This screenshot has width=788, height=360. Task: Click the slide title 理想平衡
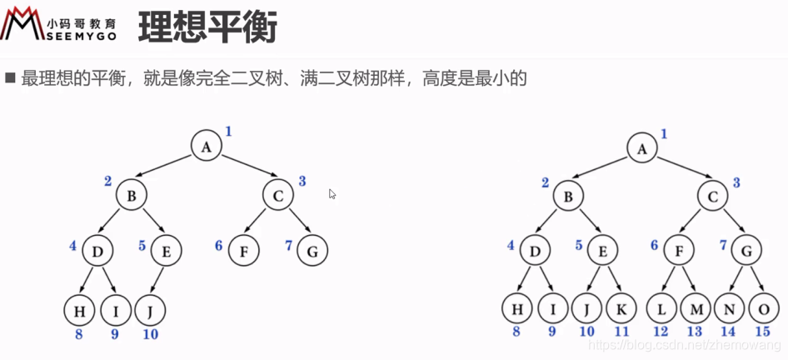(x=207, y=27)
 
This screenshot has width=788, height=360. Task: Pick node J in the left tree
(x=150, y=311)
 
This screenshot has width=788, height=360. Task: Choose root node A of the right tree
(x=641, y=148)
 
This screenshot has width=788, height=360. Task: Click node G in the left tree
(x=312, y=249)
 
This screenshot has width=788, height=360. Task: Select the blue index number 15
(x=761, y=332)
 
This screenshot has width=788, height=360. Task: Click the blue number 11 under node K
(x=622, y=332)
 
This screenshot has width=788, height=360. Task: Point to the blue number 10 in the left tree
(x=150, y=335)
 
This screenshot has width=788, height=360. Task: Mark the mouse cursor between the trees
(x=332, y=194)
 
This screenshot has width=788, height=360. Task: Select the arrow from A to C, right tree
(x=676, y=170)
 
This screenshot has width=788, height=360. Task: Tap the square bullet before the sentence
(x=11, y=78)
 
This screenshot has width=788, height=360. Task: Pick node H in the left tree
(x=79, y=311)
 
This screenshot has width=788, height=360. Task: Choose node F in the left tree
(x=242, y=249)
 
